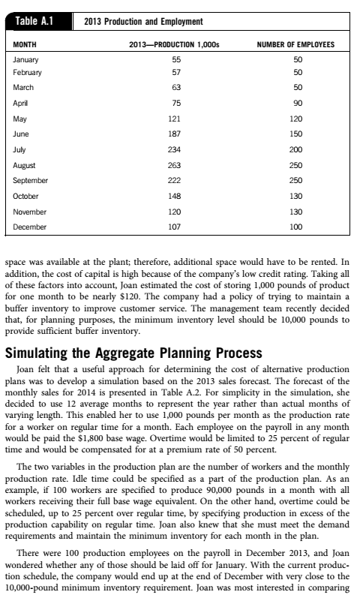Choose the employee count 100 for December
click(297, 226)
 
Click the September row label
click(31, 180)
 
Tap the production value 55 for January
click(176, 59)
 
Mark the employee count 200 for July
click(297, 149)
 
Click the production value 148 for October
click(175, 196)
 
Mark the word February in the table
click(28, 72)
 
